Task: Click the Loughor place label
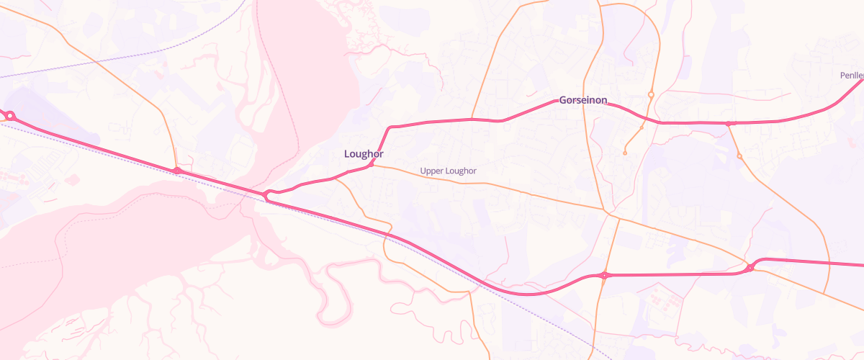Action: click(364, 153)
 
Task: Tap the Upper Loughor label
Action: click(448, 171)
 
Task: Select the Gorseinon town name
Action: click(583, 100)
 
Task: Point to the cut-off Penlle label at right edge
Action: click(851, 75)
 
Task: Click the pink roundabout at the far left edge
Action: click(10, 115)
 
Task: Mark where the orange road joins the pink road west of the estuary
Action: click(176, 170)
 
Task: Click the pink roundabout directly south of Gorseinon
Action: click(604, 275)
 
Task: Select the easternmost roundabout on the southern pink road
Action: click(750, 268)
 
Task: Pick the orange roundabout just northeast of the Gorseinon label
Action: click(651, 94)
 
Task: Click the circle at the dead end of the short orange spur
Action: click(625, 153)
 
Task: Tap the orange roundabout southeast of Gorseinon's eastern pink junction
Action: click(739, 156)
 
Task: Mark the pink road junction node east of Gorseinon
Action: click(729, 124)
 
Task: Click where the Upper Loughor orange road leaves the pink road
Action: click(372, 165)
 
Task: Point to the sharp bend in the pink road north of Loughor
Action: click(390, 128)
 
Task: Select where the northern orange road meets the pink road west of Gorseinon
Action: click(472, 119)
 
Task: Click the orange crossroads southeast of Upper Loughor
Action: click(611, 212)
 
